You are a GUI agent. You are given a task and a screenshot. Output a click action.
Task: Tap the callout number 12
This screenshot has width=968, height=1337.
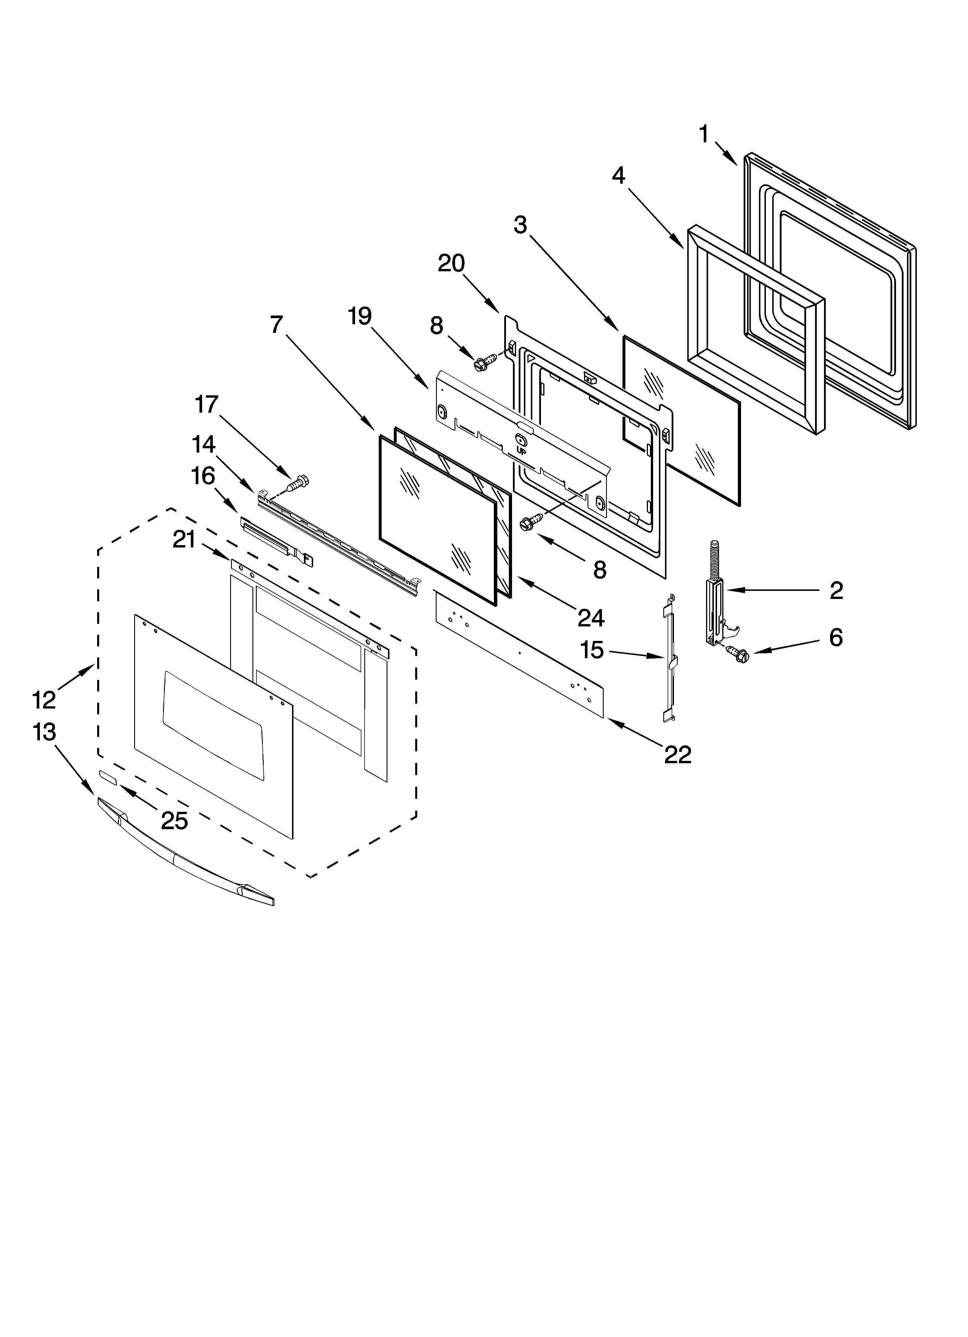pyautogui.click(x=44, y=700)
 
